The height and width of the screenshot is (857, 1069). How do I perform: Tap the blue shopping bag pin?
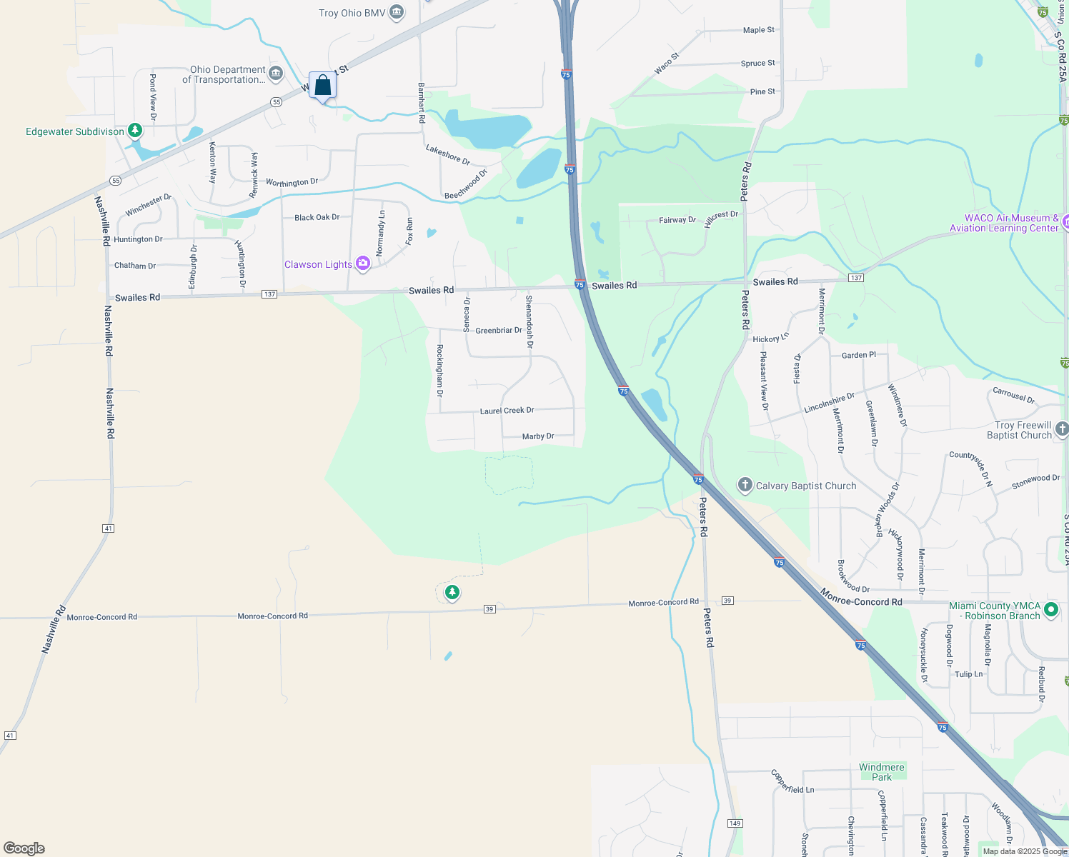tap(322, 86)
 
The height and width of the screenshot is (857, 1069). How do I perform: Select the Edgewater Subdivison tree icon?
tap(135, 131)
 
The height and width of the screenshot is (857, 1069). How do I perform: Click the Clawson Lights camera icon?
tap(363, 264)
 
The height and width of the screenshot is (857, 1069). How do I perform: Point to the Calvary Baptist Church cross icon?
tap(745, 486)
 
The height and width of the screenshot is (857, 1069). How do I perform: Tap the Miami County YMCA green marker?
tap(1050, 610)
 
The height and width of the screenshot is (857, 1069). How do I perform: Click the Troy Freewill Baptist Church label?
tap(1019, 430)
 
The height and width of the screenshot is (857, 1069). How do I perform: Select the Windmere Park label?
tap(881, 772)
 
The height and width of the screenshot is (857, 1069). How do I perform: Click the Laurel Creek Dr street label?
tap(507, 411)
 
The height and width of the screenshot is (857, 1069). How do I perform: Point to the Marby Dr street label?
tap(538, 436)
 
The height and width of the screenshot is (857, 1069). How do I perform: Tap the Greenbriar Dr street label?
tap(498, 331)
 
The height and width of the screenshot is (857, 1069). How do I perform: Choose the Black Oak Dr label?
tap(317, 217)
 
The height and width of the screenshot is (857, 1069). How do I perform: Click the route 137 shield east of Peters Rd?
tap(856, 278)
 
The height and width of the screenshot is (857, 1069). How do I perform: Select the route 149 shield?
tap(735, 823)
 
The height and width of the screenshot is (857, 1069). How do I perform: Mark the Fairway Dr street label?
tap(677, 220)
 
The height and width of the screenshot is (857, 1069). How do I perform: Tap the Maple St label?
tap(758, 30)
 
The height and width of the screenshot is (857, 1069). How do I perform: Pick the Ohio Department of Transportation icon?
tap(276, 74)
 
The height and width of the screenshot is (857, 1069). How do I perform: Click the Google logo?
tap(24, 848)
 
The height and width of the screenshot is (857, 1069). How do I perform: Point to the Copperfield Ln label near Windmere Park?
tap(792, 781)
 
